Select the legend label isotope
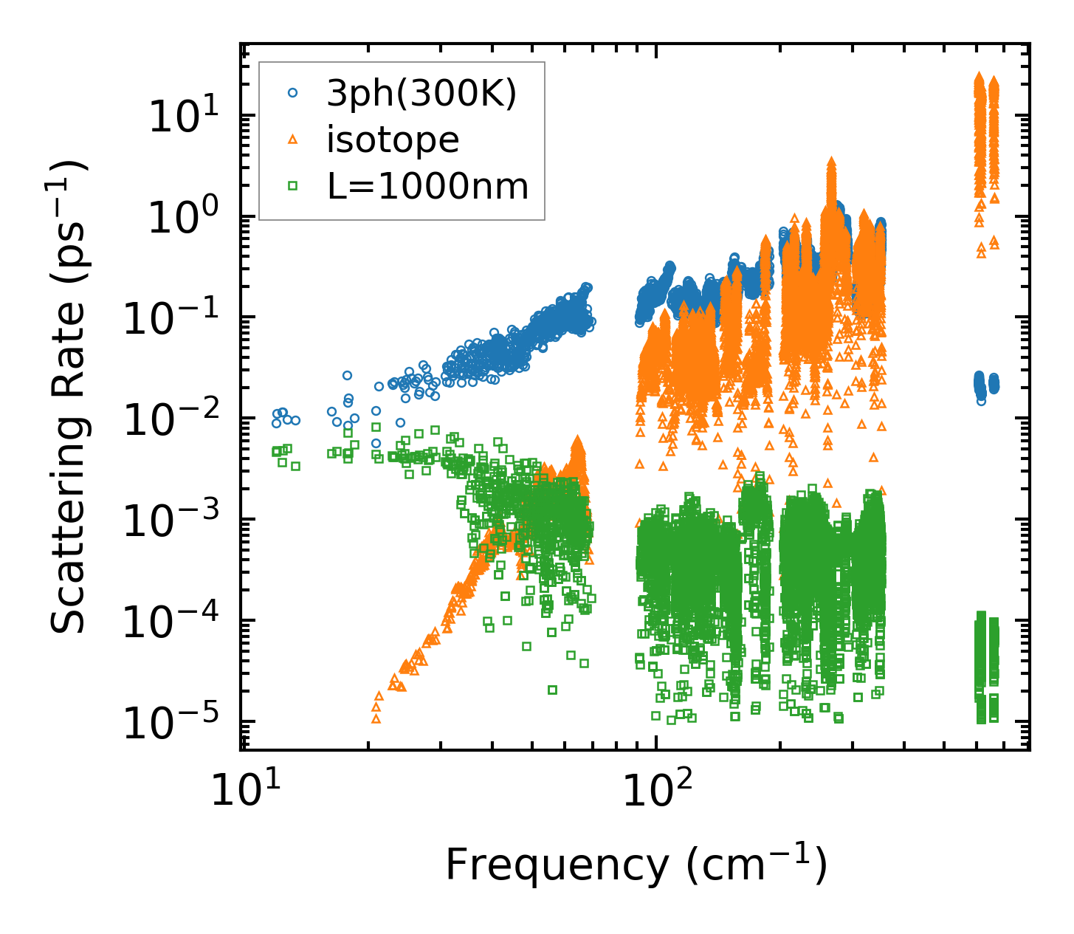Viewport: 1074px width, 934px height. click(393, 139)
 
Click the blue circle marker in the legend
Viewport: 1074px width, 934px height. click(292, 93)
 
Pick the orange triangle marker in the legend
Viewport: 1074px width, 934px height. click(292, 139)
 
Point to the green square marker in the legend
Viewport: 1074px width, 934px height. click(292, 186)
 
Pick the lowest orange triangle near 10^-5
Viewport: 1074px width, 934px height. click(376, 718)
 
